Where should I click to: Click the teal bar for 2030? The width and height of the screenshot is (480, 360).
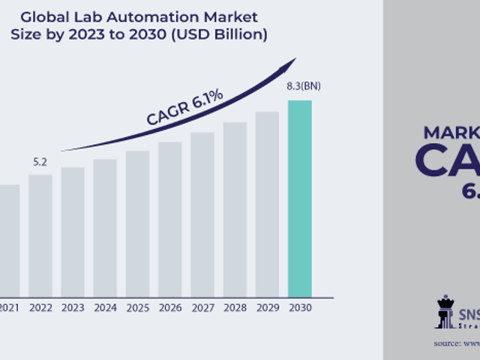(299, 198)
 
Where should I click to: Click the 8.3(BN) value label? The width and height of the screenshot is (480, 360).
(303, 86)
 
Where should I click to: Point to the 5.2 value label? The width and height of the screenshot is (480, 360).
(40, 161)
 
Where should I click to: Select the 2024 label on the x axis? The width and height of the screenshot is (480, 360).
(105, 307)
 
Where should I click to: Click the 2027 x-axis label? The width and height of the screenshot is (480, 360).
(202, 307)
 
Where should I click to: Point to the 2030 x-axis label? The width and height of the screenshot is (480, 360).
(299, 307)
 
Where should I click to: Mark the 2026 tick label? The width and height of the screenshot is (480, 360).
(169, 307)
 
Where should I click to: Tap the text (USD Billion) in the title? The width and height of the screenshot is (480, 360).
(225, 34)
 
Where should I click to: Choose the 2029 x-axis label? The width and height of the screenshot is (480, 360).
(267, 307)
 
